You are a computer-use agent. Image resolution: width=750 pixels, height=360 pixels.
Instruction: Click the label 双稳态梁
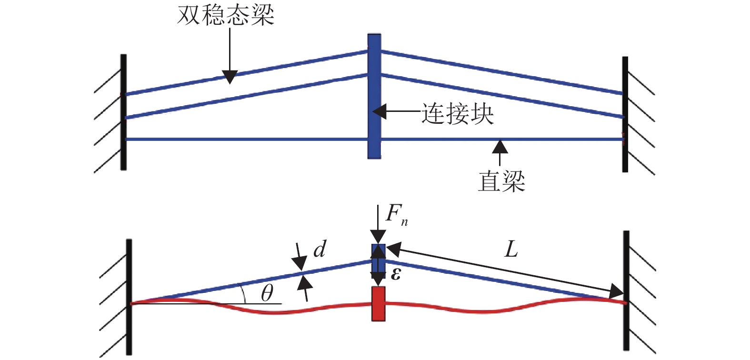coord(226,15)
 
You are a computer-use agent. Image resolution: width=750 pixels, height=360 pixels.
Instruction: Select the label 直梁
coord(501,181)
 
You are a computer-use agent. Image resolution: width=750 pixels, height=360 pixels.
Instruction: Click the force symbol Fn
coord(395,215)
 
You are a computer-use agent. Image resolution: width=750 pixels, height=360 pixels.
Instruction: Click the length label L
coord(511,249)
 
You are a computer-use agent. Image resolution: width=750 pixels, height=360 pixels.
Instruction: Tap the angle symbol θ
coord(267,293)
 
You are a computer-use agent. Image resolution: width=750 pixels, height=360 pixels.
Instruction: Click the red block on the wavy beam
coord(378,303)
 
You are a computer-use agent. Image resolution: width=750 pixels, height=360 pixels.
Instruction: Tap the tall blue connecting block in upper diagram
coord(374,96)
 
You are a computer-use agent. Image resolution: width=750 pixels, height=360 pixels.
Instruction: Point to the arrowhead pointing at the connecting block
coord(379,112)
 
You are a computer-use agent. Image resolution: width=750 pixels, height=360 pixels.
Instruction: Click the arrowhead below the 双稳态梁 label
coord(230,77)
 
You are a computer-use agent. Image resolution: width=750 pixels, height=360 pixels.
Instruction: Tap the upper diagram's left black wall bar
coord(123,112)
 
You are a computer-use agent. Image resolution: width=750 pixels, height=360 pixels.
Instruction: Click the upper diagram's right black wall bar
coord(625,114)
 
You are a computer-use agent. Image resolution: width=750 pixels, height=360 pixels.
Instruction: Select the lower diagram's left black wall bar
coord(129,297)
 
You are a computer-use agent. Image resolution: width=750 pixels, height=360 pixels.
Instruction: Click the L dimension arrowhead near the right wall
coord(617,291)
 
